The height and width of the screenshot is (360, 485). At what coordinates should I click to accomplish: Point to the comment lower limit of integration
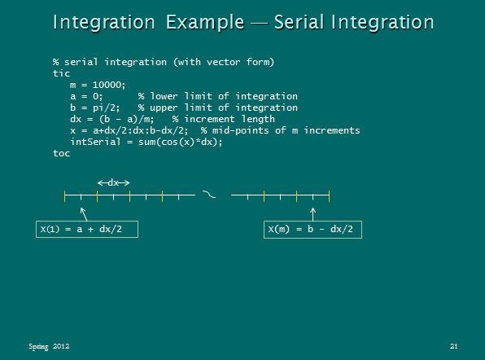(218, 96)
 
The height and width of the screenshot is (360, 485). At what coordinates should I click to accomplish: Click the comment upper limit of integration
(218, 108)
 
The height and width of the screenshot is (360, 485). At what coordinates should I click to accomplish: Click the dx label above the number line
(113, 182)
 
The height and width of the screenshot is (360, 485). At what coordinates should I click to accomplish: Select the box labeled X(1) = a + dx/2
(88, 229)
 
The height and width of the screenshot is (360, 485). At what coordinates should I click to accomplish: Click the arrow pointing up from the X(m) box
(312, 213)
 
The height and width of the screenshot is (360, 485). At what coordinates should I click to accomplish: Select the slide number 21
(454, 347)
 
